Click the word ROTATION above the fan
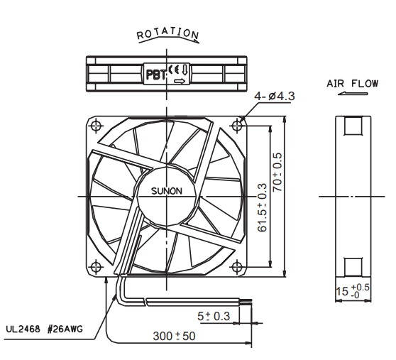click(167, 33)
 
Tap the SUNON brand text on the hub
click(167, 191)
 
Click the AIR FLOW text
click(353, 83)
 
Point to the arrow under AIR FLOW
click(353, 94)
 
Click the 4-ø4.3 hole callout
click(275, 97)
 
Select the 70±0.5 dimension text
click(277, 172)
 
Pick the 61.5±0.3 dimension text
click(263, 207)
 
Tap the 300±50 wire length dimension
click(175, 336)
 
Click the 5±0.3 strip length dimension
click(214, 316)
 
